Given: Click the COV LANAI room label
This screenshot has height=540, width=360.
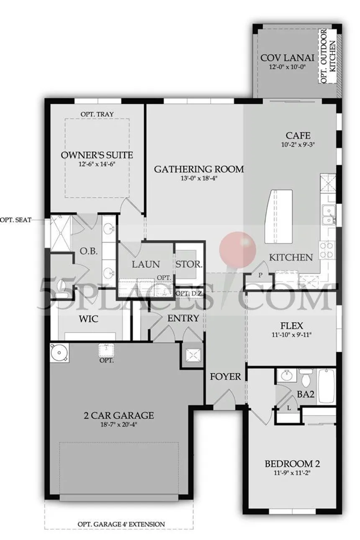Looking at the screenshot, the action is point(287,58).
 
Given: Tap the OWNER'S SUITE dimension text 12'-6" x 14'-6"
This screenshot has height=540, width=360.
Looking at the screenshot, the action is point(97,164).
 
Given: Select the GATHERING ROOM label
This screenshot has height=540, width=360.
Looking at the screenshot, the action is point(199,169).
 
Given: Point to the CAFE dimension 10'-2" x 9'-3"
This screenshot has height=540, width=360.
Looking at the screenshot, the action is point(298,145).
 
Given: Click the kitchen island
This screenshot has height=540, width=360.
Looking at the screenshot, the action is point(279,216).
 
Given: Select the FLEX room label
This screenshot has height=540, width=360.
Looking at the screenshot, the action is point(291,326).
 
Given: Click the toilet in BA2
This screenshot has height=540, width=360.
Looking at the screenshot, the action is point(306,378).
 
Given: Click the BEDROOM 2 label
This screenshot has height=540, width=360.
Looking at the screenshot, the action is point(292,463).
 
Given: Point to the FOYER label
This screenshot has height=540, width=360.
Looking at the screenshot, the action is point(225,376).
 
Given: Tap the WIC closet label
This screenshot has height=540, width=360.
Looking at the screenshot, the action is point(89,319).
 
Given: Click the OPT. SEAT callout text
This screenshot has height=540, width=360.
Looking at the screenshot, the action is point(16,220).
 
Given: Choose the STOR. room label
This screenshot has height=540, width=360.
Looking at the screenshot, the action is point(189,264).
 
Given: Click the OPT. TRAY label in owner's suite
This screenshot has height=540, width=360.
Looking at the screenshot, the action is point(97,114).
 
